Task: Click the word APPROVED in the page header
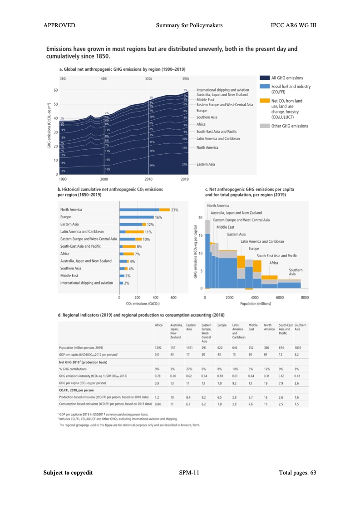[x=59, y=25]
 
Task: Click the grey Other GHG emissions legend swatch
[x=264, y=126]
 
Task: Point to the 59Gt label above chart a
[x=186, y=79]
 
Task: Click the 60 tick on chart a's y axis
[x=56, y=90]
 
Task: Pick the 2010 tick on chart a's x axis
[x=148, y=180]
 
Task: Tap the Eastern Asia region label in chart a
[x=206, y=164]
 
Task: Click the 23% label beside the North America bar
[x=175, y=210]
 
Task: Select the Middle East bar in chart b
[x=122, y=276]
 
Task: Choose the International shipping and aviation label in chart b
[x=87, y=283]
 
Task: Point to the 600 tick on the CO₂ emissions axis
[x=173, y=298]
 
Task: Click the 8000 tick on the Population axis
[x=305, y=298]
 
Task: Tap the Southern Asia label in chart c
[x=296, y=272]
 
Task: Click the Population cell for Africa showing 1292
[x=158, y=347]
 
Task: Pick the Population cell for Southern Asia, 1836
[x=298, y=347]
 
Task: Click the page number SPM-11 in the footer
[x=189, y=473]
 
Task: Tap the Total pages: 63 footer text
[x=297, y=473]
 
